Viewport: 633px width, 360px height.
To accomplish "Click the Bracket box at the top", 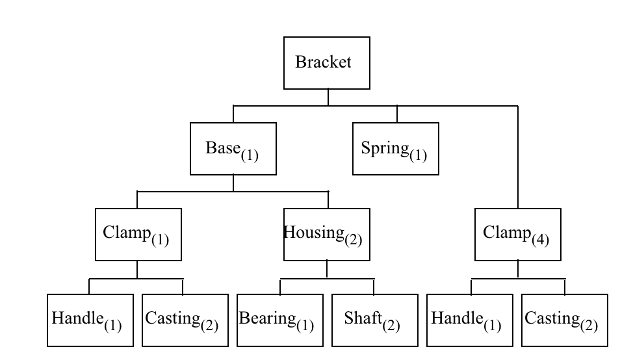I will (x=327, y=63).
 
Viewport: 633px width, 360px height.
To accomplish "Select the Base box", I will (x=233, y=149).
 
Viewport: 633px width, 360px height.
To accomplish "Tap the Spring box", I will (x=395, y=149).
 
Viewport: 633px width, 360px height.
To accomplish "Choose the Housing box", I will (x=327, y=235).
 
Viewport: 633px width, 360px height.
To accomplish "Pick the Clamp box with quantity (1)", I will (x=138, y=235).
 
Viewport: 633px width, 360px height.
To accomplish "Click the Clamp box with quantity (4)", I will (x=517, y=235).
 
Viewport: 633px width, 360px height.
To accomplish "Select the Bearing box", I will (x=279, y=320).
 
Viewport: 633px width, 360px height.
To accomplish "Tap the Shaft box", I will (x=374, y=320).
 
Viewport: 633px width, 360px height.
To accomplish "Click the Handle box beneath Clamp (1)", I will (x=90, y=320).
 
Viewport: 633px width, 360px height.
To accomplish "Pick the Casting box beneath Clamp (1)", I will (x=185, y=320).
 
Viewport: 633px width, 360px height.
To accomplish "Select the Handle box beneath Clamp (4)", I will (x=469, y=320).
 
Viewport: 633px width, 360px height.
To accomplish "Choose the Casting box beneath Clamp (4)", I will (x=564, y=320).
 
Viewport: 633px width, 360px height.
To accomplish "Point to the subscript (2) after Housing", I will (x=353, y=239).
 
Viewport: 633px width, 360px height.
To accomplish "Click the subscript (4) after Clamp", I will (x=540, y=239).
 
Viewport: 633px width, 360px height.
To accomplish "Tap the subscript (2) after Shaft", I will (x=391, y=325).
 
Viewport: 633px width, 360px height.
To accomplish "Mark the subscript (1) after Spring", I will (x=418, y=154).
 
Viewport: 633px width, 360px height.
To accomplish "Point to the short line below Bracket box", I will (x=328, y=97).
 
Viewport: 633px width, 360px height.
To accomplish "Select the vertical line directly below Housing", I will (x=327, y=270).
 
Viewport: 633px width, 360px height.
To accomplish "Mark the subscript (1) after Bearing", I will (x=305, y=325).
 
